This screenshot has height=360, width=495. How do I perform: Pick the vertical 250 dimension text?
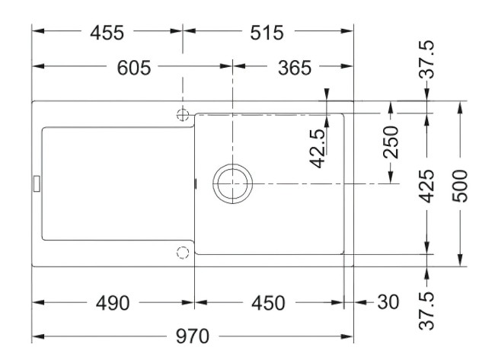(391, 142)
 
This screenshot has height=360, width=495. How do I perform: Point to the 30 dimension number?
(388, 303)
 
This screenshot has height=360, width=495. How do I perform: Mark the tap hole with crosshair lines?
(182, 114)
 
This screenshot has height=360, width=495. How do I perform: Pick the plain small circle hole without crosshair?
(182, 253)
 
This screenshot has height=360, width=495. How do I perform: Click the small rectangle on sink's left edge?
(35, 183)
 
